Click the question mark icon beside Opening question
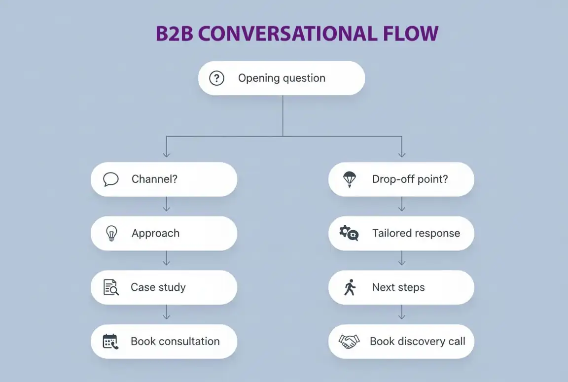tap(217, 78)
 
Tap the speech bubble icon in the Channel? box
tap(111, 179)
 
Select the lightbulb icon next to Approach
tap(112, 233)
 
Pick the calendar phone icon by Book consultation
tap(110, 341)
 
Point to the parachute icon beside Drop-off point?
tap(349, 179)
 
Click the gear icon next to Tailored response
tap(349, 233)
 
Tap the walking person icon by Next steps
tap(350, 287)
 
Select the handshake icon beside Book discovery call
tap(349, 341)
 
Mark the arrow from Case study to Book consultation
tap(166, 313)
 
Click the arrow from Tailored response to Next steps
tap(402, 258)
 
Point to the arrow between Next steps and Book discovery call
tap(402, 313)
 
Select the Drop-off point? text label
tap(410, 179)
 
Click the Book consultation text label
tap(175, 341)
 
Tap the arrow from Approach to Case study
tap(166, 258)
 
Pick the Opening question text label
tap(282, 78)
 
